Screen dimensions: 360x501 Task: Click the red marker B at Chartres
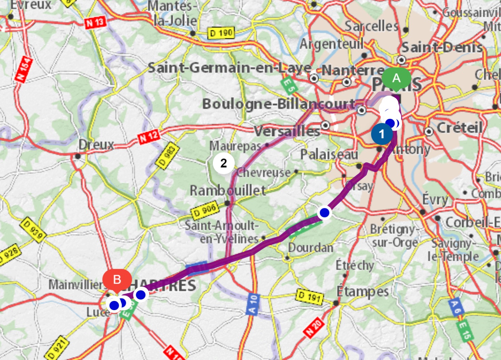(x=117, y=280)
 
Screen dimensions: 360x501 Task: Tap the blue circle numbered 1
(x=381, y=134)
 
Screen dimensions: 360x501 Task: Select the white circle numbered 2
(x=223, y=163)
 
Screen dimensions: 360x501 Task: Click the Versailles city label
(x=287, y=132)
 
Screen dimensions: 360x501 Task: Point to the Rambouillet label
(x=228, y=191)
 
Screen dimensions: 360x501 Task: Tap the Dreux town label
(x=96, y=145)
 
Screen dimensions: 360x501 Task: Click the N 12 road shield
(x=148, y=137)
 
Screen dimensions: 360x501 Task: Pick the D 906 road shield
(x=205, y=211)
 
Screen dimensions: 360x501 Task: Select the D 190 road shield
(x=221, y=34)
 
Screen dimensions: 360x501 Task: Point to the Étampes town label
(x=362, y=291)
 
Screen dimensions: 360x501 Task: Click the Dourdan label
(x=310, y=248)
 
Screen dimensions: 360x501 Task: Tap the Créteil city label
(x=460, y=127)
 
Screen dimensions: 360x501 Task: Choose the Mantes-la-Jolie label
(x=172, y=13)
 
